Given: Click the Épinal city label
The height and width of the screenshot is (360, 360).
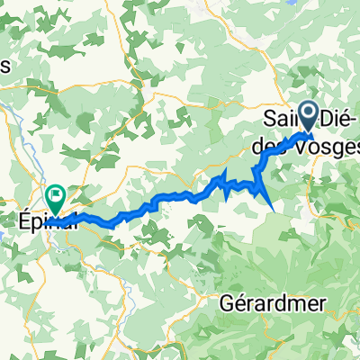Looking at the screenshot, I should pyautogui.click(x=45, y=220).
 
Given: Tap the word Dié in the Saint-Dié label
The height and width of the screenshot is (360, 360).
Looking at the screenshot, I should pyautogui.click(x=329, y=119).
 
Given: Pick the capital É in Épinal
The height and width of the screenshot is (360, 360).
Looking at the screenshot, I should pyautogui.click(x=24, y=219).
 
